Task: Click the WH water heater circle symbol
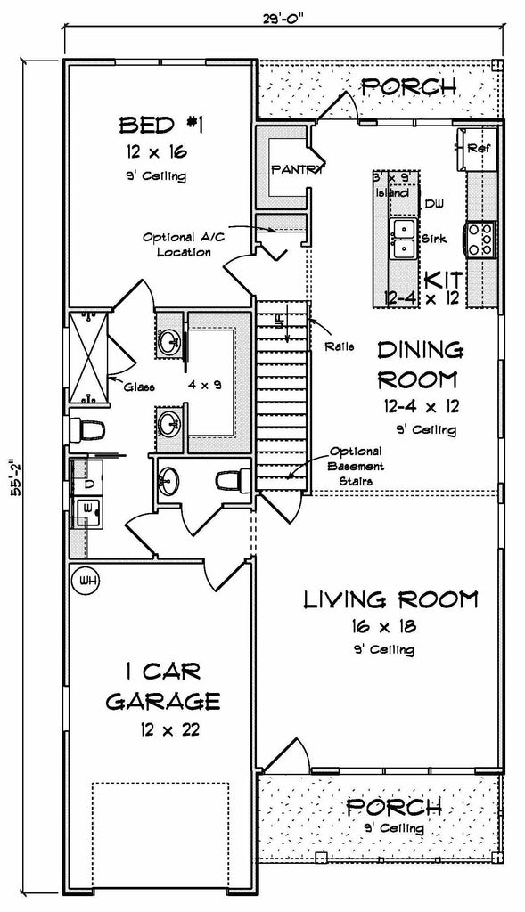click(87, 580)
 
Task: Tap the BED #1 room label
click(161, 124)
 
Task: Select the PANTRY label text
click(296, 167)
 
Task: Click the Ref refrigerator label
click(478, 148)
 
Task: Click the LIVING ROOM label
click(390, 598)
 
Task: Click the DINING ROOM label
click(419, 365)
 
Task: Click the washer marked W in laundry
click(87, 508)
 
